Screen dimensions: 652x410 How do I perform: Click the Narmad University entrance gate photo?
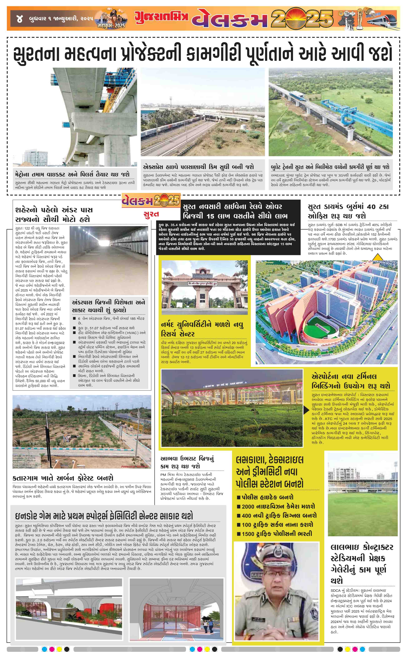pyautogui.click(x=204, y=287)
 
